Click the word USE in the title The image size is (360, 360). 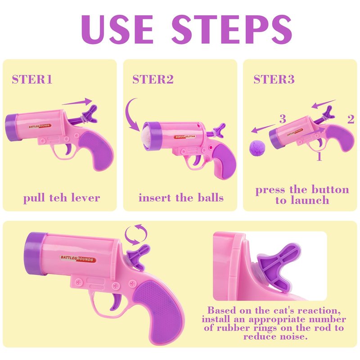117,29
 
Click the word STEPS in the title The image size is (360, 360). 232,29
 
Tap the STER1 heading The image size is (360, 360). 32,80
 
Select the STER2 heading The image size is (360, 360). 153,80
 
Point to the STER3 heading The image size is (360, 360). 274,80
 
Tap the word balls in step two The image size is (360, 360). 211,198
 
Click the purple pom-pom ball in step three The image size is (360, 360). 257,148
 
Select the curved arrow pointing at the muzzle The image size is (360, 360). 131,115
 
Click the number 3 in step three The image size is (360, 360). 283,119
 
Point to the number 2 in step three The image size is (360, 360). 351,119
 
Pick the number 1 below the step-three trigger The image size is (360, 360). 319,156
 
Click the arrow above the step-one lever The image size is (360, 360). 77,102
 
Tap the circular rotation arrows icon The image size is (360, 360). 136,234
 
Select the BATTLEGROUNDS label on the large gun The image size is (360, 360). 78,259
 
